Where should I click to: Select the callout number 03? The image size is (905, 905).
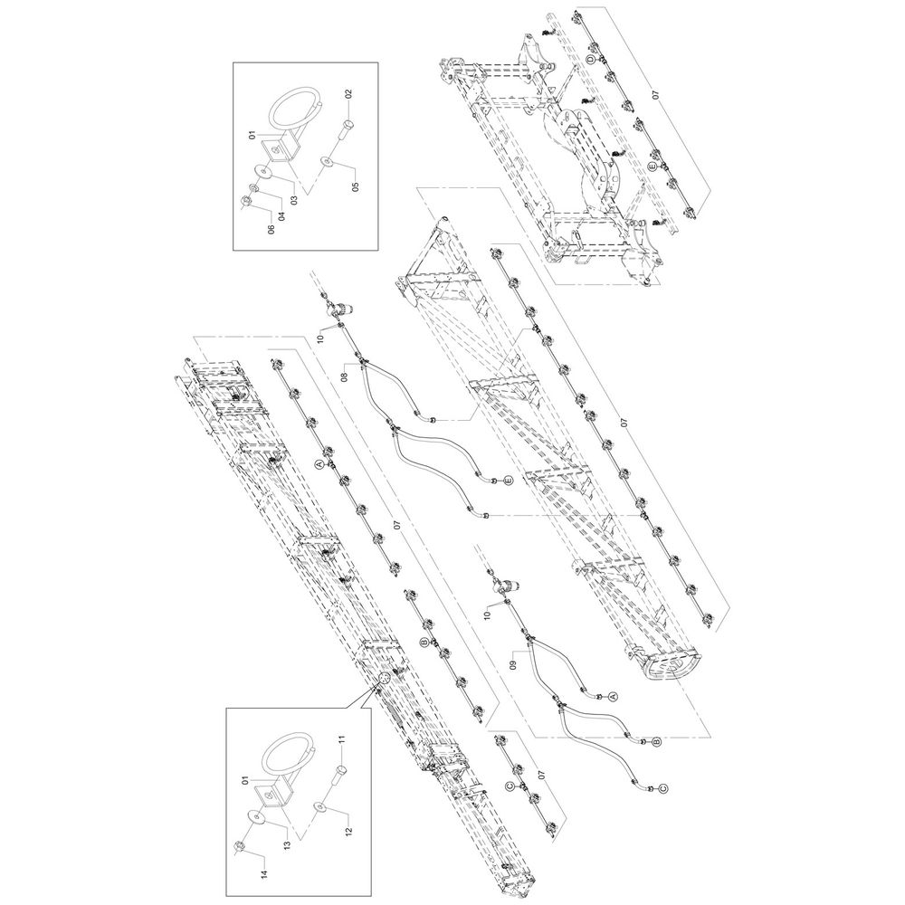coord(294,200)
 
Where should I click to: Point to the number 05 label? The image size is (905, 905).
coord(356,186)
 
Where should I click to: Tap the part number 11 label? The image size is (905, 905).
coord(342,739)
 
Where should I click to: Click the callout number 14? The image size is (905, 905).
coord(263,874)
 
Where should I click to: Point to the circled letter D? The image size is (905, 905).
coord(590,61)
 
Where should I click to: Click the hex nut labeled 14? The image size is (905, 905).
coord(238,847)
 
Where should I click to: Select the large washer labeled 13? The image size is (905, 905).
coord(256,817)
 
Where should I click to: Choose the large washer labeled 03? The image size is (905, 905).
coord(265,171)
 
